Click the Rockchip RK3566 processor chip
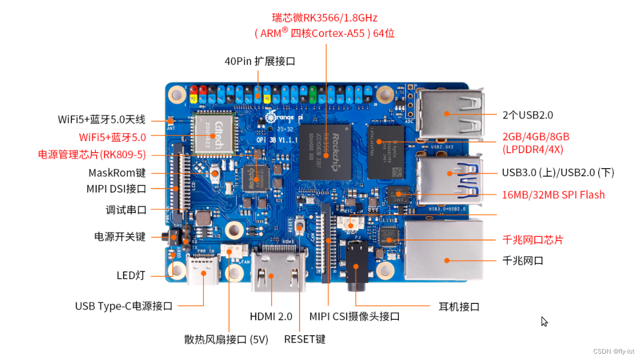(325, 152)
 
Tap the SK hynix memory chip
(386, 152)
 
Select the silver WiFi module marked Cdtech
(214, 134)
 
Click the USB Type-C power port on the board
(203, 269)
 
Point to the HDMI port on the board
(278, 269)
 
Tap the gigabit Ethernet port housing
(443, 249)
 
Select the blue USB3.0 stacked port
(450, 180)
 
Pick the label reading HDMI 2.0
(271, 317)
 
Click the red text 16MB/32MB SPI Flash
(553, 195)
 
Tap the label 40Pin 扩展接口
(260, 61)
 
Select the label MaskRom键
(117, 173)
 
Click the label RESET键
(305, 339)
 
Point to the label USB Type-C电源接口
(124, 306)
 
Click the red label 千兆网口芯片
(533, 240)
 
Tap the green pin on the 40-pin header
(313, 95)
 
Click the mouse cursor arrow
(545, 322)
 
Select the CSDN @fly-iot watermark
(614, 352)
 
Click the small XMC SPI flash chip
(398, 195)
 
